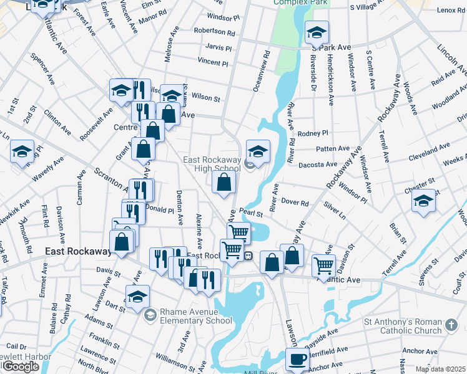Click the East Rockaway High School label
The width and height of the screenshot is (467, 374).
pos(211,164)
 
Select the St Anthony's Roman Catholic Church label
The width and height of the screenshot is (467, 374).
pos(403,326)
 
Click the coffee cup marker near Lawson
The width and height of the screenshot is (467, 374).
pos(297,360)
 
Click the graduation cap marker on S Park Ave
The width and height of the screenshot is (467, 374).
pos(317,32)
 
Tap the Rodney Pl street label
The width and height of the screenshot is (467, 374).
pos(313,133)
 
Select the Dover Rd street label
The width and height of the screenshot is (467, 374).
pos(295,203)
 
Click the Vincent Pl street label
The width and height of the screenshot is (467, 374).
pos(213,62)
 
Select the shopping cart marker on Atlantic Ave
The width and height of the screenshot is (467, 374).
pos(323,266)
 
